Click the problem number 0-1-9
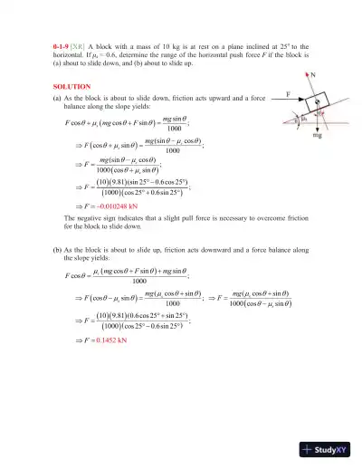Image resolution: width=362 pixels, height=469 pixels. pos(62,45)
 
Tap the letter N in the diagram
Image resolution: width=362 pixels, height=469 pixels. pos(314,79)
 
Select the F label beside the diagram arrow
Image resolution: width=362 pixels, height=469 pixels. pos(262,91)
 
